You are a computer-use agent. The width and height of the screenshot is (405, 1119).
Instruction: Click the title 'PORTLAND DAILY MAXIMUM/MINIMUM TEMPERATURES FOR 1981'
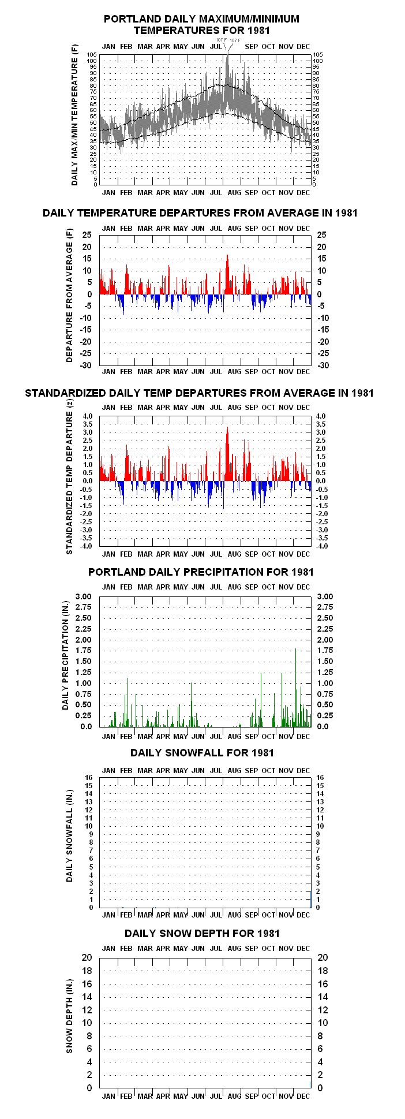pos(202,24)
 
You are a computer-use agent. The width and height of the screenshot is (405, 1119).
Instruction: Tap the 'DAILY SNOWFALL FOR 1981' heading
pos(202,752)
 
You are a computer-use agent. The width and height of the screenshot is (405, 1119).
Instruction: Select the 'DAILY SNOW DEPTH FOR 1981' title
pos(202,933)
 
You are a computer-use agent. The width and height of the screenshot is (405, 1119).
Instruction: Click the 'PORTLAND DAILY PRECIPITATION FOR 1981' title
pos(201,572)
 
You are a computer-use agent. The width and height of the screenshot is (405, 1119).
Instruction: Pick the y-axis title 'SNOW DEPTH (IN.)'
pos(69,1016)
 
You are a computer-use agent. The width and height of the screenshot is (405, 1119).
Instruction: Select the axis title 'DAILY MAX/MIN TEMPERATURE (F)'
pos(74,114)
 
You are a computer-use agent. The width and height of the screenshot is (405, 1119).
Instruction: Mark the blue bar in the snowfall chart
pos(310,899)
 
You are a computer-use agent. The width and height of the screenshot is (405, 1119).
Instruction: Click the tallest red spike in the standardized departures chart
pos(228,454)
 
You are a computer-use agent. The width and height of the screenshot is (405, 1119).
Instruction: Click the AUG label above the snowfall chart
pos(234,770)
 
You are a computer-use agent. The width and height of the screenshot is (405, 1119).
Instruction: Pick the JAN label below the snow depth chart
pos(108,1096)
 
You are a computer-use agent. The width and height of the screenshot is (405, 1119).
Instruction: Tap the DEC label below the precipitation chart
pos(303,736)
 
